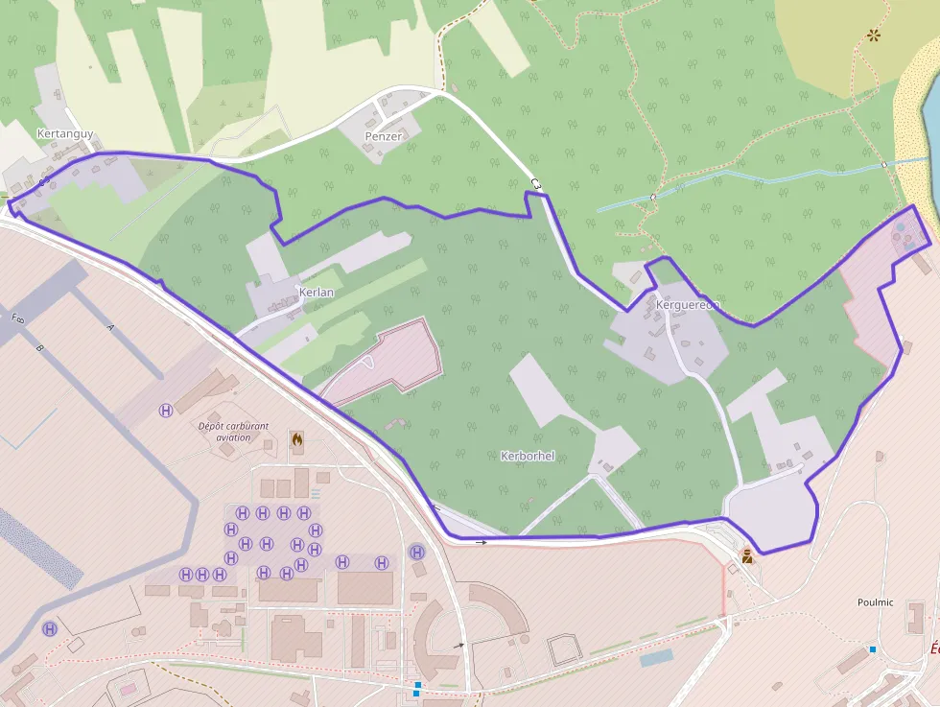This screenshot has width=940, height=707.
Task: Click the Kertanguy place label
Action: click(x=65, y=133)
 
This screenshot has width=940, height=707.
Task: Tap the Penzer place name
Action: click(x=383, y=136)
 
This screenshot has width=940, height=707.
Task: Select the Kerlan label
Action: click(x=315, y=291)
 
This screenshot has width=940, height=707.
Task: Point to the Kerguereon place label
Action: click(x=687, y=305)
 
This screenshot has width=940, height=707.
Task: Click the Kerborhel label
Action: click(x=528, y=456)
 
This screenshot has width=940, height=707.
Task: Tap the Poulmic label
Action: click(x=875, y=602)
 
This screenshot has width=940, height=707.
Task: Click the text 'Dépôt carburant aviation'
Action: click(x=233, y=432)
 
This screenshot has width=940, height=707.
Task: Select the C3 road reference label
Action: click(x=535, y=183)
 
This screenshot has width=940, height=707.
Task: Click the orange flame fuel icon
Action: click(x=297, y=441)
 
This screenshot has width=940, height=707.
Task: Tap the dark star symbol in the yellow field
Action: click(x=874, y=35)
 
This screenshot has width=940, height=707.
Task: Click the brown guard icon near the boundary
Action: click(x=747, y=554)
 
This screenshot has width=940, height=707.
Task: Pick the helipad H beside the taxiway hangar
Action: click(x=166, y=410)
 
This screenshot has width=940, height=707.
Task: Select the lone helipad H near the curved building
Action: click(x=417, y=552)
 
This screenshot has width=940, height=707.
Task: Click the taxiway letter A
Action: click(x=110, y=327)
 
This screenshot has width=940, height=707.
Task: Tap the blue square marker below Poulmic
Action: click(x=873, y=649)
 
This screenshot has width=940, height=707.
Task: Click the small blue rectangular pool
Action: click(x=656, y=658)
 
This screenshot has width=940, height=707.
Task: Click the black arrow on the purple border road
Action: click(x=481, y=542)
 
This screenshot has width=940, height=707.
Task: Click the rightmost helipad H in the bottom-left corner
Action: click(x=49, y=629)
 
